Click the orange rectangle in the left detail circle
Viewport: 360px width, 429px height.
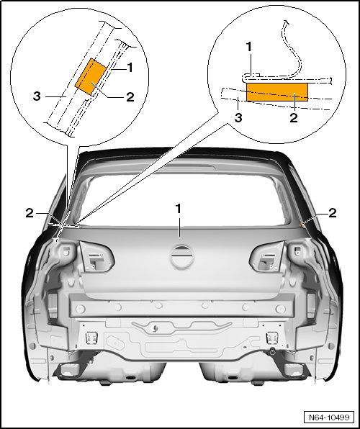[91, 77]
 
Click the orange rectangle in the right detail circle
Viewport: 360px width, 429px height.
[277, 92]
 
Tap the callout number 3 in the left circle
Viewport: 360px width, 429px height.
[37, 96]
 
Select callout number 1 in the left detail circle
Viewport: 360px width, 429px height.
[130, 68]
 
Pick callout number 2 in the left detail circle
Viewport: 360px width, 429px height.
[130, 96]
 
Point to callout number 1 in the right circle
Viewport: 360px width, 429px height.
[249, 47]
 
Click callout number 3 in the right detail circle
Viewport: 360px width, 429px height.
[238, 117]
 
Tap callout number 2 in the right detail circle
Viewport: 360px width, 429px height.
[294, 117]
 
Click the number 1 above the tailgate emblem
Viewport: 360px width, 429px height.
[179, 209]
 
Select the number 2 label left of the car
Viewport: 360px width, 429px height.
[30, 213]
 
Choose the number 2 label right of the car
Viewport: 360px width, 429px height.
[333, 213]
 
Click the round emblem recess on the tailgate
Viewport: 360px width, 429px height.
[181, 256]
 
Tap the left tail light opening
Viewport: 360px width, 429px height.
[96, 256]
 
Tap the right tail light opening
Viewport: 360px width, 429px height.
[267, 256]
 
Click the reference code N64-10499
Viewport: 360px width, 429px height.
[329, 417]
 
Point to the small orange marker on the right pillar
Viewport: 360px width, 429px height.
[301, 225]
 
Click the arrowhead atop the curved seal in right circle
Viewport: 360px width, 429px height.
[286, 22]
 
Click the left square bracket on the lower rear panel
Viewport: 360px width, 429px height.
[91, 338]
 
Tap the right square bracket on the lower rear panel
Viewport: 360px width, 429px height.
[271, 338]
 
